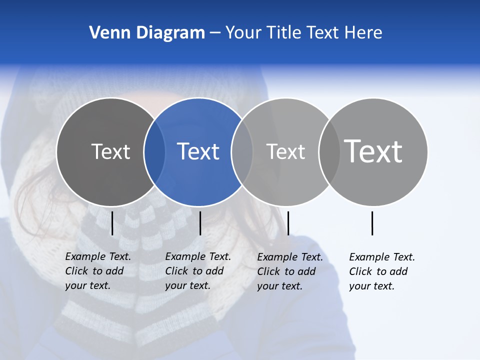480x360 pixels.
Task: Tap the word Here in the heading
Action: click(363, 33)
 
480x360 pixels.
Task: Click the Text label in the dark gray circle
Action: click(110, 151)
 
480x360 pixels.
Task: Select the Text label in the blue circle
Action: click(198, 151)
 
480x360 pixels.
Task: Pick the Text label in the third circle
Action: click(285, 151)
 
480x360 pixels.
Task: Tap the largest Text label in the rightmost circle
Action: click(373, 151)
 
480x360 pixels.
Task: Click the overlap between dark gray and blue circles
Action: click(154, 152)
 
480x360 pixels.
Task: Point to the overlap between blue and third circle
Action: click(242, 152)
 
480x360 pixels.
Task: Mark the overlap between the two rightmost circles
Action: click(329, 152)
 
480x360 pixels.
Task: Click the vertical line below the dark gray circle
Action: click(112, 223)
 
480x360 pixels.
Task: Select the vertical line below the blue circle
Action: click(200, 223)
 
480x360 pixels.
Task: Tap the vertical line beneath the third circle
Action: click(288, 223)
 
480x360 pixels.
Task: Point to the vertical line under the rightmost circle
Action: click(372, 223)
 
